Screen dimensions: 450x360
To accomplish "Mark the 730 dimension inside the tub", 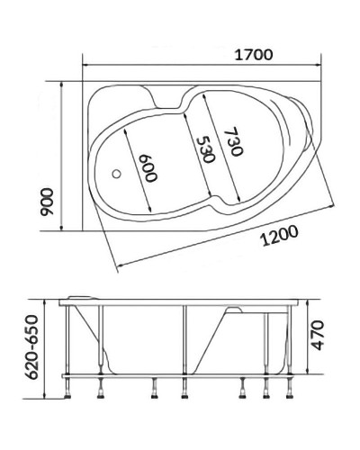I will [232, 143].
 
